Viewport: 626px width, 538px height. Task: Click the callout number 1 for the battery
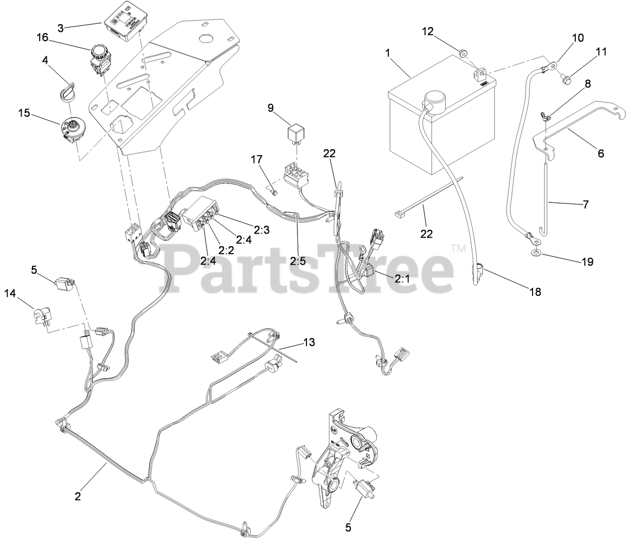[387, 52]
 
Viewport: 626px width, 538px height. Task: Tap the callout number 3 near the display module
[61, 28]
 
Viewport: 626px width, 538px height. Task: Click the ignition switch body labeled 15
[71, 129]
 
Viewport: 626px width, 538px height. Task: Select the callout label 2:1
[401, 276]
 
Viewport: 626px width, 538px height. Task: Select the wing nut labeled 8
[548, 118]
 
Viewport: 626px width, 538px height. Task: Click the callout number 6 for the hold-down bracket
[600, 153]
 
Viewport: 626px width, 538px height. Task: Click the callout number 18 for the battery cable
[536, 292]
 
